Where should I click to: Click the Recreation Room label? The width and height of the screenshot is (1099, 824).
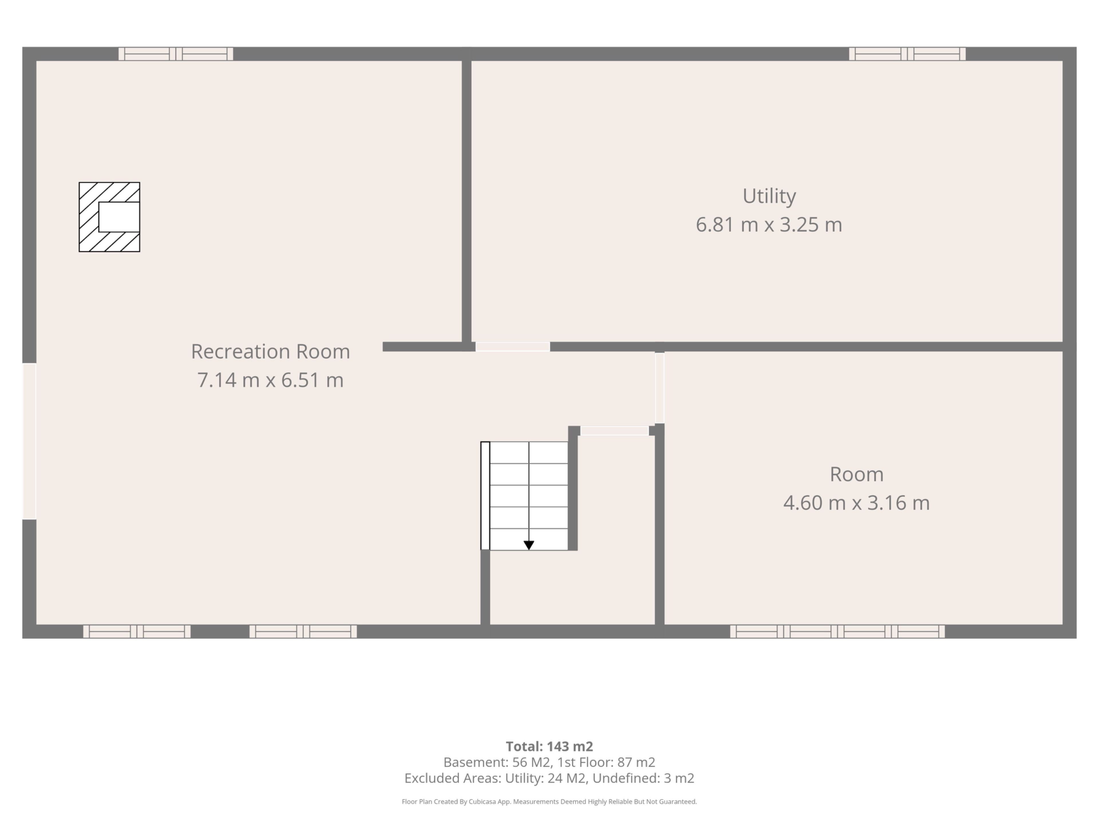(270, 352)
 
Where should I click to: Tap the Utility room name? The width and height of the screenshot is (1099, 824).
(769, 196)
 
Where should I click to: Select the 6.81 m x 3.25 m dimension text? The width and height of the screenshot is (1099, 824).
(769, 225)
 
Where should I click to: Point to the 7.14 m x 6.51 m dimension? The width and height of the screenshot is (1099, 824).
(270, 380)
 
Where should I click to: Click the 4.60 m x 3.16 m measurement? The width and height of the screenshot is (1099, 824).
(857, 503)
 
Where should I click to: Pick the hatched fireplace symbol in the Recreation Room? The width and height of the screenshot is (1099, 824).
(109, 217)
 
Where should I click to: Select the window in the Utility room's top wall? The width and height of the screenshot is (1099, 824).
(907, 54)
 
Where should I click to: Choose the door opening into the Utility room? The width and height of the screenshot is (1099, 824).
(513, 347)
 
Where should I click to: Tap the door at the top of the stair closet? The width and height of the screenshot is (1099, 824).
(614, 431)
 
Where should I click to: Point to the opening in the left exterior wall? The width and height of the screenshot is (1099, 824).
(29, 441)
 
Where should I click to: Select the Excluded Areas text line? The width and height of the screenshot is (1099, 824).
(549, 778)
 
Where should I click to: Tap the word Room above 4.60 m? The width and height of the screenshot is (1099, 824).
(857, 474)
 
